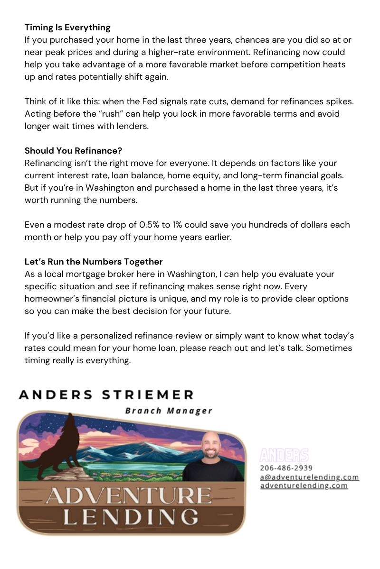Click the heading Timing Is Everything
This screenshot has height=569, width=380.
(x=67, y=28)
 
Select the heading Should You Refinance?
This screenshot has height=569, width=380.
(x=73, y=151)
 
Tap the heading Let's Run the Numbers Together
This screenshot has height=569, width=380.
(x=94, y=262)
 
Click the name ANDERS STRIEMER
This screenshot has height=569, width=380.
(x=106, y=395)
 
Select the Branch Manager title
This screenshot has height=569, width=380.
(x=169, y=411)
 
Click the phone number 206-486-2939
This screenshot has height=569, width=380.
(x=286, y=468)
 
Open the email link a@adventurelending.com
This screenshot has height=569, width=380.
(x=309, y=477)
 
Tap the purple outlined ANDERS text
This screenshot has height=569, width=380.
(x=284, y=456)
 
